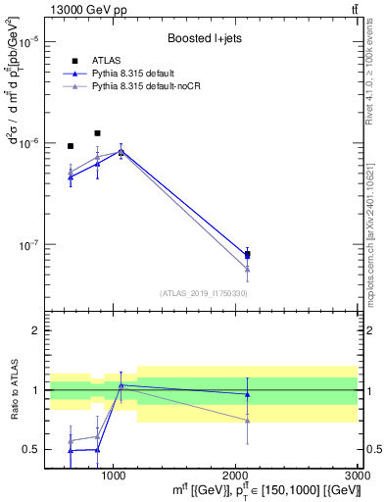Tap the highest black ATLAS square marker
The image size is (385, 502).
pos(97,133)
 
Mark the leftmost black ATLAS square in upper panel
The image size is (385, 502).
pos(71,146)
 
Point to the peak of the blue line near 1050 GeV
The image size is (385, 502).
pos(120,151)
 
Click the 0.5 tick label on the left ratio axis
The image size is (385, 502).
pos(29,449)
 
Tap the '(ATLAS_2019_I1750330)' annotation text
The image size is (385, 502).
pos(202,292)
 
